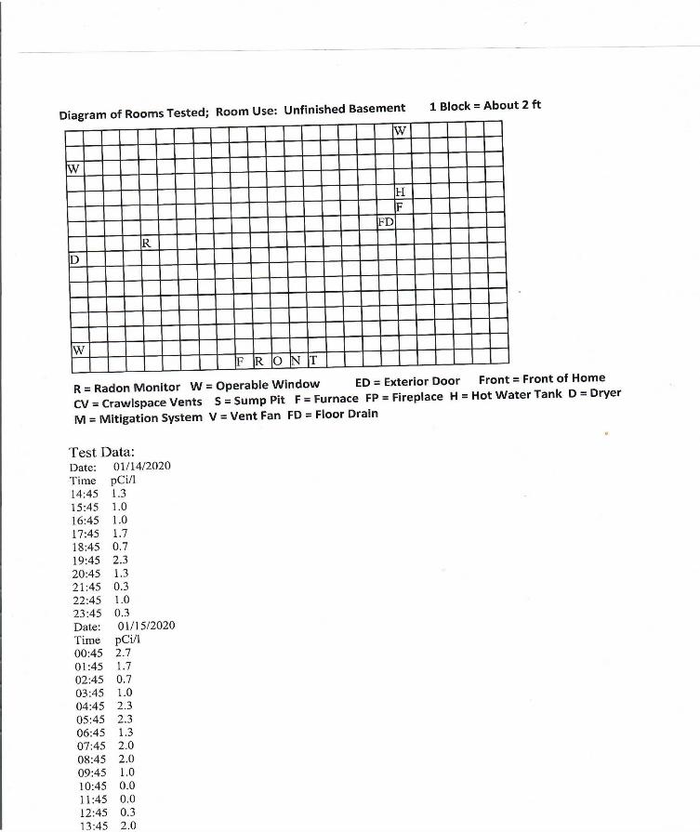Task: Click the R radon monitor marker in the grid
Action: pyautogui.click(x=146, y=243)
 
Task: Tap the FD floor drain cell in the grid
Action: pyautogui.click(x=386, y=223)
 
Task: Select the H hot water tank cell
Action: pyautogui.click(x=401, y=191)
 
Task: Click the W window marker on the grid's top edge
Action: pyautogui.click(x=400, y=131)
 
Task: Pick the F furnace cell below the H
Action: pyautogui.click(x=400, y=207)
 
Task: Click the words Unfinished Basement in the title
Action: pyautogui.click(x=344, y=110)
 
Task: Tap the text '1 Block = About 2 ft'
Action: pyautogui.click(x=485, y=105)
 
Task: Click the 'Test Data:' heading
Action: pyautogui.click(x=102, y=452)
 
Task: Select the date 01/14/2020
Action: pyautogui.click(x=141, y=466)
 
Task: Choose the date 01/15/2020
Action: pyautogui.click(x=147, y=626)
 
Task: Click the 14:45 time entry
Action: pyautogui.click(x=85, y=494)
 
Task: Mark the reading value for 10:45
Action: pyautogui.click(x=127, y=786)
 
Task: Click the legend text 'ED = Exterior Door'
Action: pyautogui.click(x=407, y=382)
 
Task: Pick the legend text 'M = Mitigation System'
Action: pyautogui.click(x=137, y=417)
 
